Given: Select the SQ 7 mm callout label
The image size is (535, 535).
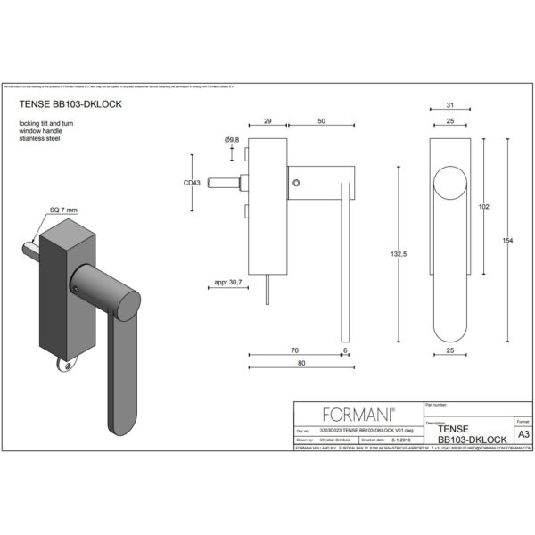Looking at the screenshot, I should (64, 209).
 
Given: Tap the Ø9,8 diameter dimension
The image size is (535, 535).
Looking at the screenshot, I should (231, 140).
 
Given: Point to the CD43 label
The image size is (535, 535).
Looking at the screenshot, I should (192, 182).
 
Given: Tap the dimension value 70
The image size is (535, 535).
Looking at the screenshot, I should (293, 350).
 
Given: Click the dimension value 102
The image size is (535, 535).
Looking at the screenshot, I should (484, 207).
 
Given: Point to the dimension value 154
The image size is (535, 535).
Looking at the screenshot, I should (508, 241).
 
